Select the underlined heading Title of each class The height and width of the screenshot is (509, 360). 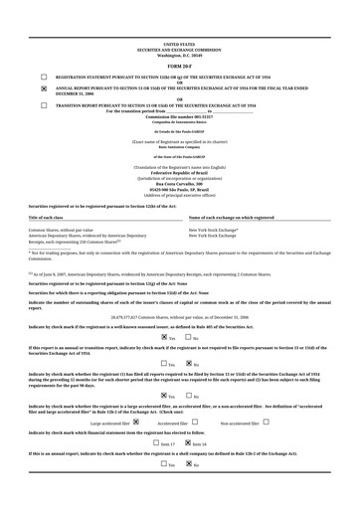pos(46,217)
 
